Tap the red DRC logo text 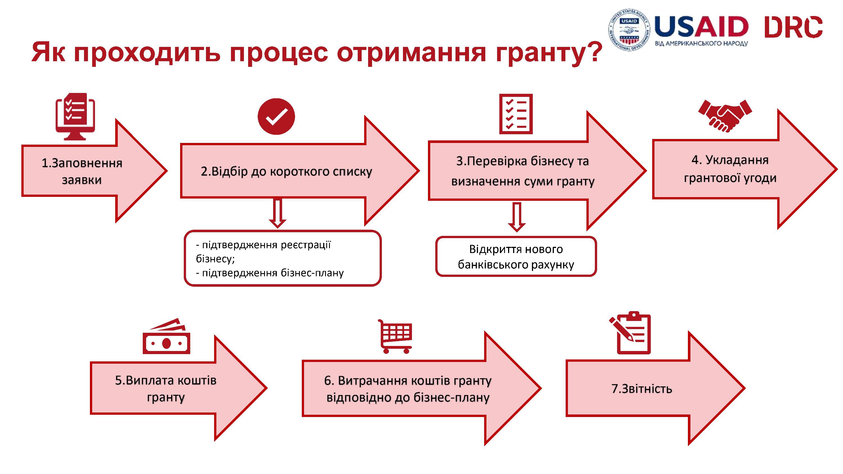point(794,27)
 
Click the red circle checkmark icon point(276,117)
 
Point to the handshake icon point(725,116)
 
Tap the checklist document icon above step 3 point(516,114)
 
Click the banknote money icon point(167,336)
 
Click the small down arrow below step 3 point(517,217)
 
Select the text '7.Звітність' point(642,389)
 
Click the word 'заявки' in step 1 point(82,180)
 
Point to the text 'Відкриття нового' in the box point(516,249)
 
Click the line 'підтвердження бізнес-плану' point(273,273)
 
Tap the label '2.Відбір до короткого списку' point(286,171)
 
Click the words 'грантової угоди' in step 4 point(730,178)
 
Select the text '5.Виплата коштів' point(166,380)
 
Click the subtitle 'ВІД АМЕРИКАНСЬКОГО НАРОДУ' point(701,44)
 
